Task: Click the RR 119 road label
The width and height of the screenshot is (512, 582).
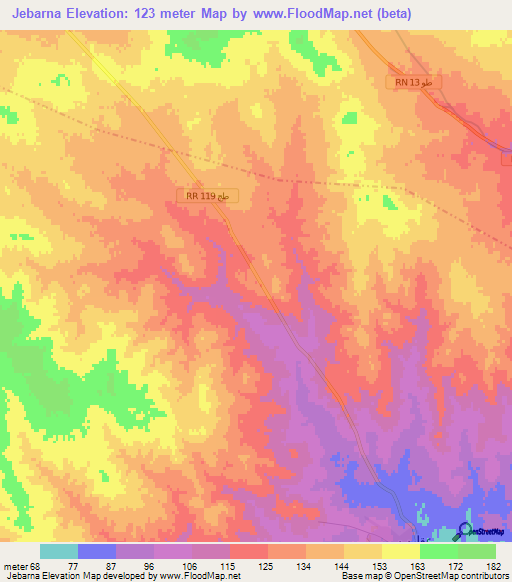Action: pyautogui.click(x=211, y=196)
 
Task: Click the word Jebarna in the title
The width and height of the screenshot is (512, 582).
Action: pyautogui.click(x=41, y=14)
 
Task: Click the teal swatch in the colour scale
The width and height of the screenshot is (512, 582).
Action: pyautogui.click(x=59, y=551)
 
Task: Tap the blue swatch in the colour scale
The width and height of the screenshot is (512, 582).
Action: pyautogui.click(x=97, y=551)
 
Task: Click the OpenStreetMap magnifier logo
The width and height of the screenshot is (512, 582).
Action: pyautogui.click(x=466, y=531)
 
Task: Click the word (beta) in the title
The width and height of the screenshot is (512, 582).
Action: pyautogui.click(x=390, y=14)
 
